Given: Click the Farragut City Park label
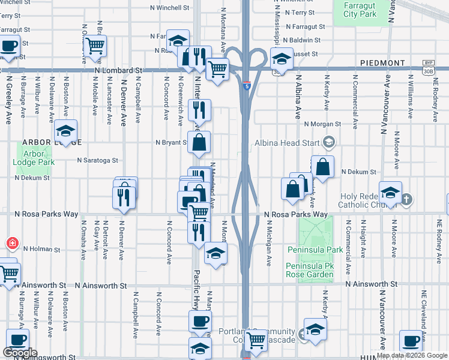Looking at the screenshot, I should tap(358, 9).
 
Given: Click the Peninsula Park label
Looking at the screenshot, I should tap(322, 250).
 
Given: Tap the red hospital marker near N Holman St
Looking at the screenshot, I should tap(11, 244).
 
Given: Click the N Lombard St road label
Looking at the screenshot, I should tap(118, 70).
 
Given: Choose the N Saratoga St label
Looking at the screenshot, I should tap(97, 160).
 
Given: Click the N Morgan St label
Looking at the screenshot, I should tap(322, 124).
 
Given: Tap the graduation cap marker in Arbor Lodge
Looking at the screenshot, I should tap(65, 131).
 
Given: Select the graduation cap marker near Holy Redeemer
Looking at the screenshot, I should tap(391, 192).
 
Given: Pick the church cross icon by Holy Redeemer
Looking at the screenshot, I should tap(406, 199).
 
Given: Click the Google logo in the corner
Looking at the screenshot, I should tap(20, 353).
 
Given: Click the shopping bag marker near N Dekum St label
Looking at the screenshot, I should tap(323, 167).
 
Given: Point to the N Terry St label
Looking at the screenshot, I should tap(304, 12).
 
